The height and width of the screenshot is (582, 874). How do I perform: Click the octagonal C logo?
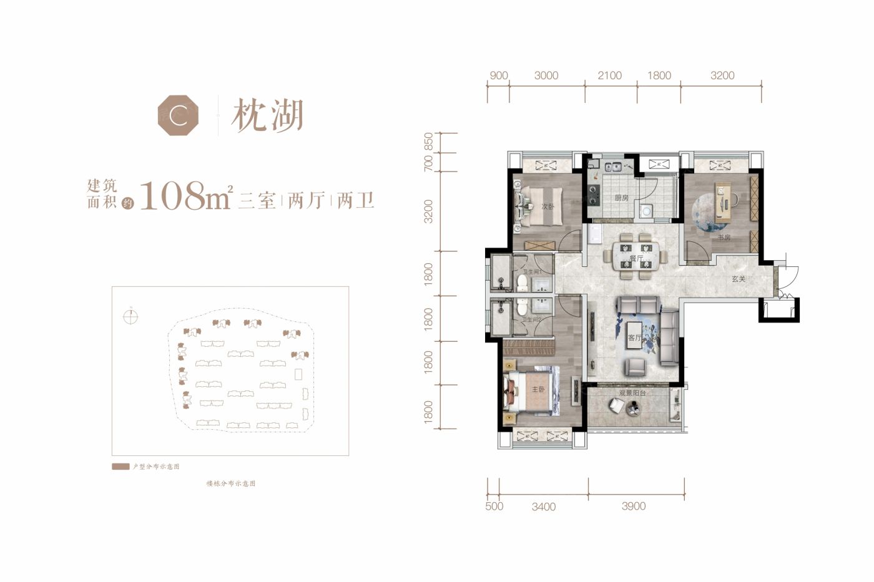(x=178, y=115)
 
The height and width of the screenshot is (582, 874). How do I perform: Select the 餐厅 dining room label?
(x=636, y=258)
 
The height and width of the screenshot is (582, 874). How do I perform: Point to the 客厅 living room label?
(x=635, y=337)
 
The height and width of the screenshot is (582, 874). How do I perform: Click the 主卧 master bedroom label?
(x=538, y=389)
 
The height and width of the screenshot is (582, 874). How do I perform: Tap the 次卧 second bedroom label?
(x=547, y=206)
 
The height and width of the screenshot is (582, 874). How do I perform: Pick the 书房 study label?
(x=724, y=238)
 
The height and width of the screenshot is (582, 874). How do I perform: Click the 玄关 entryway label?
(x=739, y=279)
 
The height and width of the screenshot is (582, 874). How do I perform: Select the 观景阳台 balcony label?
(x=632, y=394)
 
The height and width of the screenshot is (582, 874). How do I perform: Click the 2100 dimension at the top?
(x=609, y=75)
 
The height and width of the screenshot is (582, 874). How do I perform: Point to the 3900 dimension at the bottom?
(x=633, y=506)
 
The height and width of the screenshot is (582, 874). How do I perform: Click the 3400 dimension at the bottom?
(x=543, y=507)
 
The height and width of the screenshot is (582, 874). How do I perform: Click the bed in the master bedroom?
(x=531, y=392)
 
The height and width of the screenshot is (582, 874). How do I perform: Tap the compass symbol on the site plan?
(x=130, y=316)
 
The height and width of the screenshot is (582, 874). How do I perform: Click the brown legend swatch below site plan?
(x=120, y=467)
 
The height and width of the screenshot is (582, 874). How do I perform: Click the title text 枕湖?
(x=267, y=116)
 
